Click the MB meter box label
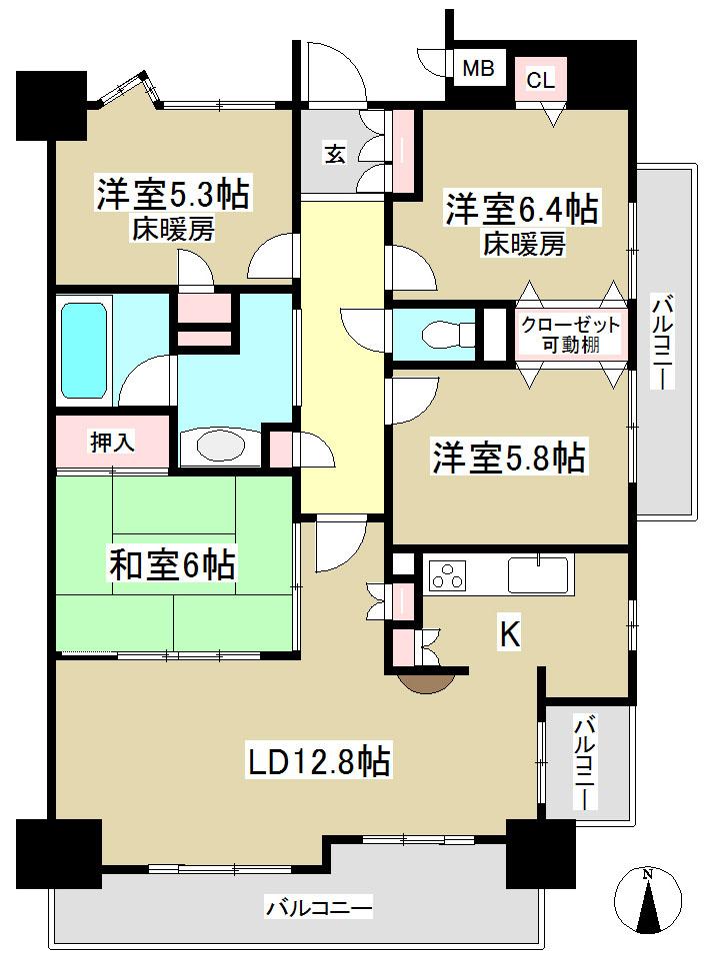click(477, 70)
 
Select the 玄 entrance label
click(335, 154)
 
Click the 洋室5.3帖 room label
click(172, 194)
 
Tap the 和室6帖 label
click(172, 565)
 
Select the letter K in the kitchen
click(508, 636)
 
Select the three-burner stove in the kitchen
click(447, 576)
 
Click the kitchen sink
click(537, 575)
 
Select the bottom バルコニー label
click(318, 908)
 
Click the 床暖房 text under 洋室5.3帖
click(172, 231)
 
